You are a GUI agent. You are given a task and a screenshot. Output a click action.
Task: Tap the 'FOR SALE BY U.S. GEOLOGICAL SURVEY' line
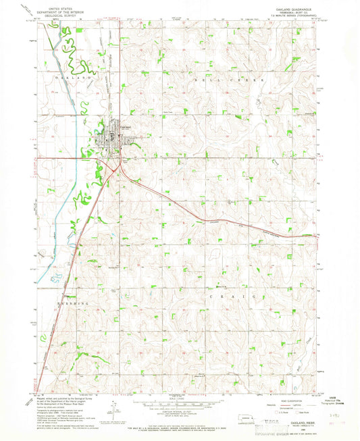[179, 423]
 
